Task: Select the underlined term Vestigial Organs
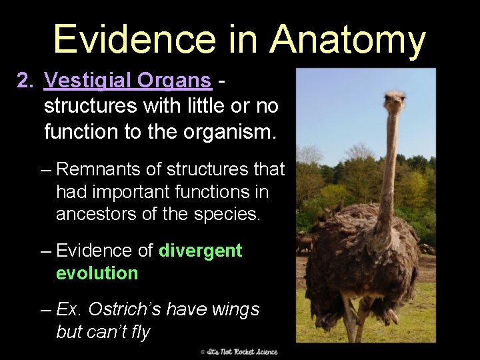(x=128, y=81)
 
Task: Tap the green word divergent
(x=201, y=251)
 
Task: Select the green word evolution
(x=97, y=273)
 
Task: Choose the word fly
(x=140, y=331)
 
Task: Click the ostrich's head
(x=395, y=102)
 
